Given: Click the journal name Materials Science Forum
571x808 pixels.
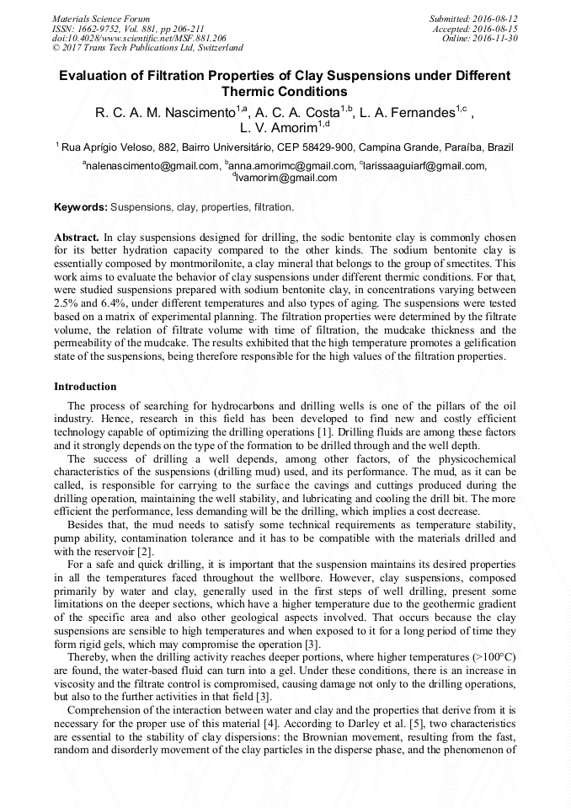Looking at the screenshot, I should click(x=101, y=18).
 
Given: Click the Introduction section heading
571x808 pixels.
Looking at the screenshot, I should click(x=85, y=387).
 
